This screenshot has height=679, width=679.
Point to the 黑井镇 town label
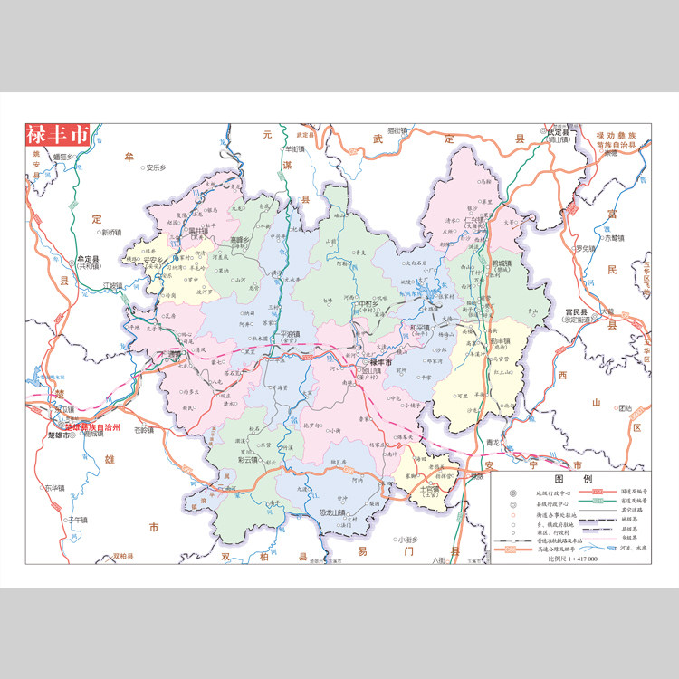coord(197,231)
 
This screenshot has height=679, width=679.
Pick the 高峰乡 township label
coord(239,241)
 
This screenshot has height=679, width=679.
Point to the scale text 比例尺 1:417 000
coord(572,559)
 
